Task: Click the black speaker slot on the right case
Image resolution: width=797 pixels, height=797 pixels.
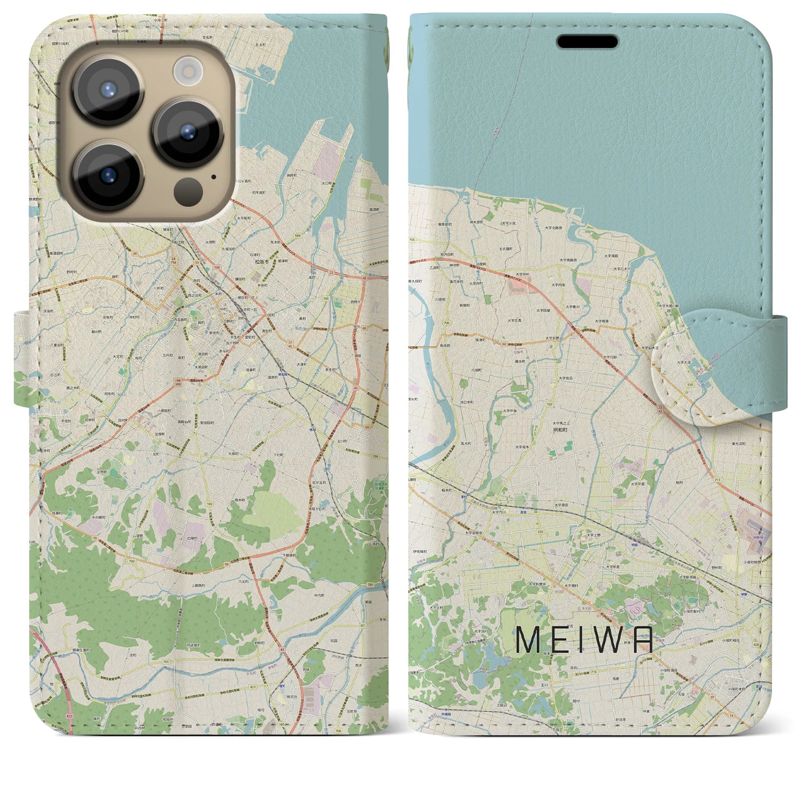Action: [587, 42]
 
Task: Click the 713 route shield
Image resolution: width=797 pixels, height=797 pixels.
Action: [718, 481]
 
